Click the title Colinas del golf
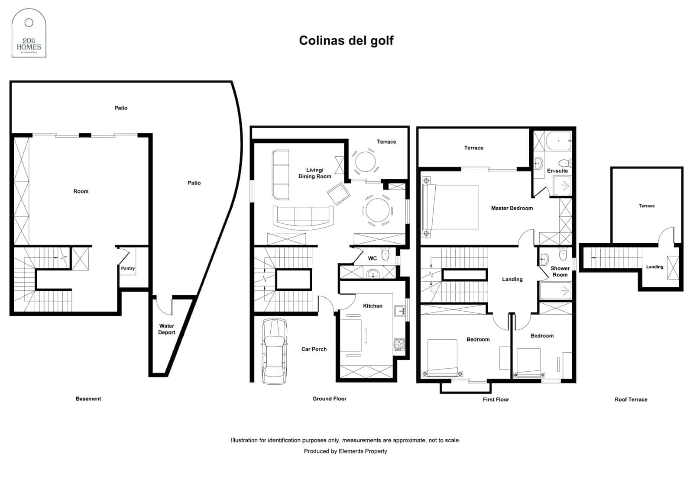click(346, 40)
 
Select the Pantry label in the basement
click(128, 268)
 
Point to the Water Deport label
click(167, 329)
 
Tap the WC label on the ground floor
click(372, 258)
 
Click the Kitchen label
click(372, 306)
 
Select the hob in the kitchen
click(399, 344)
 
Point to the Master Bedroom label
click(512, 208)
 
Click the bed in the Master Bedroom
click(450, 207)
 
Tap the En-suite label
click(557, 171)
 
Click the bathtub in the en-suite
click(558, 141)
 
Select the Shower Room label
click(560, 271)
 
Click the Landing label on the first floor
click(512, 279)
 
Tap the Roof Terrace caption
click(631, 399)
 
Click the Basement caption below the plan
click(88, 399)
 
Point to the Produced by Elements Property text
click(345, 451)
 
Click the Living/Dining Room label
click(314, 173)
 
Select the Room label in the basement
click(81, 191)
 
